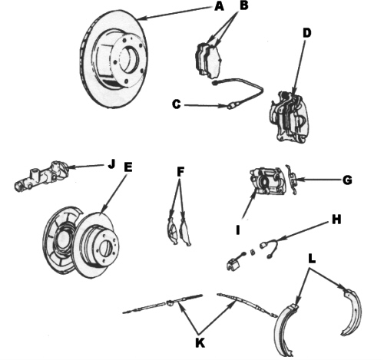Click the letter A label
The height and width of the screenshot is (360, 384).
pos(219,7)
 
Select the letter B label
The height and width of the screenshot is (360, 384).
pos(244,5)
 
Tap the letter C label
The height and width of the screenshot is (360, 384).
pos(176,104)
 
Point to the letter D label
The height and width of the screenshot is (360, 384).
pos(306,33)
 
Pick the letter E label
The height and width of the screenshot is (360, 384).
pos(127,167)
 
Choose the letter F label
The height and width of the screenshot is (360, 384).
pos(180,172)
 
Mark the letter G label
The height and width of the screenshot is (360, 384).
pos(347,180)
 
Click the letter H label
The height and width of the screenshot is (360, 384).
pos(336,220)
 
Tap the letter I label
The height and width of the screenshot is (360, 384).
pos(238,230)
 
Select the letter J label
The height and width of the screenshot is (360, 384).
pos(111,164)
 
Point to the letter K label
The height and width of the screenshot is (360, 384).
pos(200,342)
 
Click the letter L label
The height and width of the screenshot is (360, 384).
pos(312,259)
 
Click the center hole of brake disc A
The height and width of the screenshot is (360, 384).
pos(129,60)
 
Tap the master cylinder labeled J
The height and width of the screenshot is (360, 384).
pos(41,177)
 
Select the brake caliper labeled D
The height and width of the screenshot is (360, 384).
pos(290,117)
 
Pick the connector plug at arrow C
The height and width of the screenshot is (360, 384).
pos(232,105)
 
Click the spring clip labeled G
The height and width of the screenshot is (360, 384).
pos(293,180)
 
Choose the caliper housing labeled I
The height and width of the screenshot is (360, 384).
pos(266,181)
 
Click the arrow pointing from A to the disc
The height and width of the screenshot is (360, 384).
pos(175,13)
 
